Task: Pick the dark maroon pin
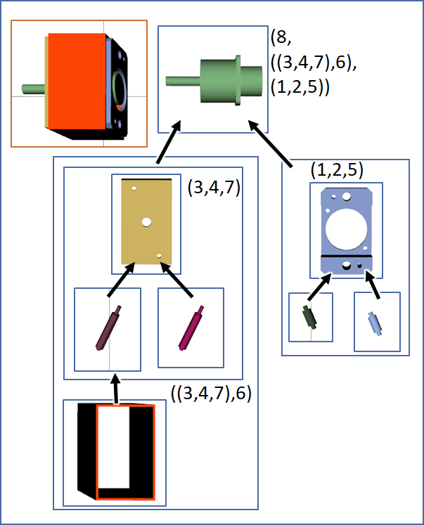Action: click(x=109, y=328)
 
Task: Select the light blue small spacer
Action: click(x=375, y=323)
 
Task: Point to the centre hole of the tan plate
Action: click(x=147, y=222)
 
